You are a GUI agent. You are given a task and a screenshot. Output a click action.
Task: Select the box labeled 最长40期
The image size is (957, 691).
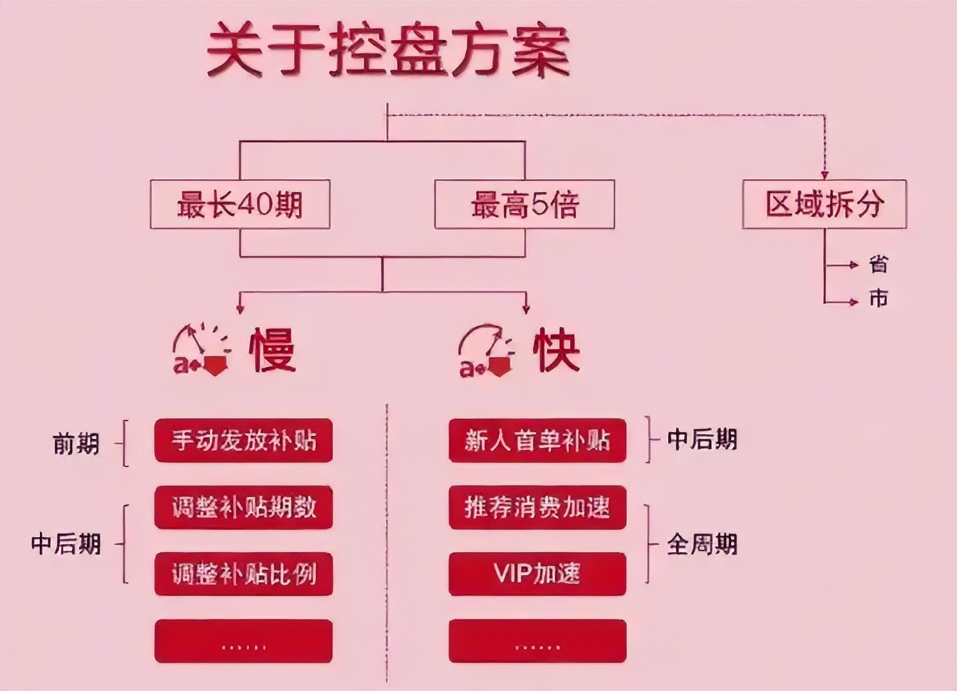click(240, 205)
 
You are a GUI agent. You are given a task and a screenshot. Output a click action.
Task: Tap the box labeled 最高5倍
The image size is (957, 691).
click(524, 205)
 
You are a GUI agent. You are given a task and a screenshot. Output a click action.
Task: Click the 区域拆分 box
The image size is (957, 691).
click(824, 205)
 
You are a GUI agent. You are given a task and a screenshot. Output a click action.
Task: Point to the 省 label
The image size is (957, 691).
click(878, 264)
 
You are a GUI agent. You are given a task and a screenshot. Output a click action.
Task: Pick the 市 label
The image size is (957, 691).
click(878, 299)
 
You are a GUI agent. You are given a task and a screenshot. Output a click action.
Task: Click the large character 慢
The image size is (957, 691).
click(272, 350)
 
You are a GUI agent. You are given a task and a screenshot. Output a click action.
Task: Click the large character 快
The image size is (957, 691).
click(556, 350)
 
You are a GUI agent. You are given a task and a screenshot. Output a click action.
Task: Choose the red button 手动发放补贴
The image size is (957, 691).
click(243, 440)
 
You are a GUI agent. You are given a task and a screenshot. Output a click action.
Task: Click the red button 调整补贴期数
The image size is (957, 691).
click(243, 507)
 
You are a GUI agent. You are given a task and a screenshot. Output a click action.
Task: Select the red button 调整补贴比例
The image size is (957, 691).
click(243, 574)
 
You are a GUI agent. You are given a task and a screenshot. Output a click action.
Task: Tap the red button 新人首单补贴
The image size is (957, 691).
click(537, 440)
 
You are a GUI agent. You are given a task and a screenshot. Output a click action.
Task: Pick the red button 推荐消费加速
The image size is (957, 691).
click(537, 507)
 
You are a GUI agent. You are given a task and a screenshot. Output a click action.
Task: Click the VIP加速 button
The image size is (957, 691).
click(537, 574)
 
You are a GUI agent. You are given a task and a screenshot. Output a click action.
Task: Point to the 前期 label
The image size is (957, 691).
click(76, 444)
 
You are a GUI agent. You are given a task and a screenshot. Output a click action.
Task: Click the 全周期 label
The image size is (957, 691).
click(702, 545)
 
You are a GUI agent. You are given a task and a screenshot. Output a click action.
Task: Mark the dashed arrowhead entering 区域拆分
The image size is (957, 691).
click(824, 176)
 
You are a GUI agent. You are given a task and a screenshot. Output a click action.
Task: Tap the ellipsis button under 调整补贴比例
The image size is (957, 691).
click(243, 641)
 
